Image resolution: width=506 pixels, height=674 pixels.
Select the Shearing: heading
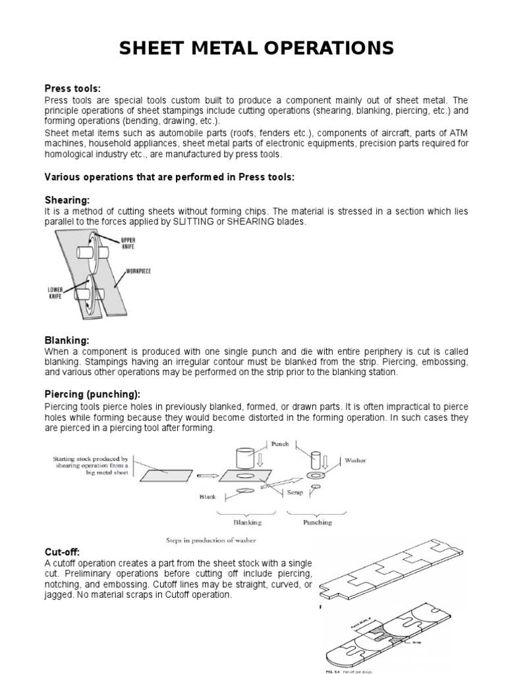[x=66, y=199]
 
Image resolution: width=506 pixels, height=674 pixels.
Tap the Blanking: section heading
[x=66, y=340]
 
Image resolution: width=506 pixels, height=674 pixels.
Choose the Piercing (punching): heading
[x=92, y=394]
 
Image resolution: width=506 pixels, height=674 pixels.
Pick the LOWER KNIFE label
[x=55, y=292]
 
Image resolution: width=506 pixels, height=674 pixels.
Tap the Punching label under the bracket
[x=317, y=523]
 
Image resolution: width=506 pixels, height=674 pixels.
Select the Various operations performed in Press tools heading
[x=169, y=177]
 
